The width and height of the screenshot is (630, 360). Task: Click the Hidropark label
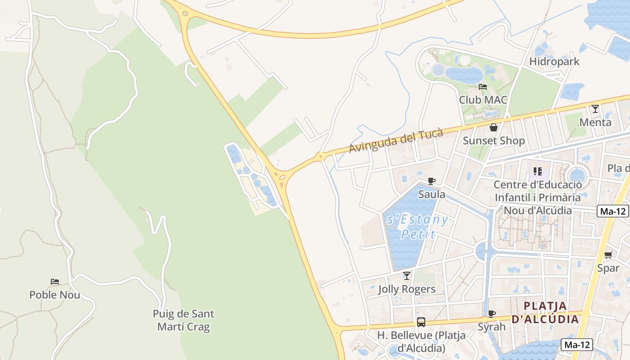(x=554, y=61)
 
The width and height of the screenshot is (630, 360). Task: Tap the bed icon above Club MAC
(x=483, y=87)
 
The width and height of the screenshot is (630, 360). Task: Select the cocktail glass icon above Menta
(x=595, y=109)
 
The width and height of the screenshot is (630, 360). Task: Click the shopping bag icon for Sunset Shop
(x=494, y=128)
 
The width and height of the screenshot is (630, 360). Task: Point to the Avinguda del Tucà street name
(x=396, y=140)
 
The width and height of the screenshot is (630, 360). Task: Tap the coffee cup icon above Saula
(x=432, y=181)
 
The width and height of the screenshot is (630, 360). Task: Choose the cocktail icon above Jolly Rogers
(x=407, y=276)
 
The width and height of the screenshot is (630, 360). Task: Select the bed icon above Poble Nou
(x=55, y=282)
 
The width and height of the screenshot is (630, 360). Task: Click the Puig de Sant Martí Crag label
(x=184, y=320)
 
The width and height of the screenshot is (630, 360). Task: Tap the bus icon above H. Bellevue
(x=421, y=322)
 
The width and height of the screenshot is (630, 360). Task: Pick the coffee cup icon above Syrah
(x=492, y=314)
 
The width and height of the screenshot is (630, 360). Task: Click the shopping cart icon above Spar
(x=608, y=255)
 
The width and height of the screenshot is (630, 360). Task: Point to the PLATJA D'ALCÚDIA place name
(x=544, y=313)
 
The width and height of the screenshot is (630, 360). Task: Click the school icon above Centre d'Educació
(x=537, y=171)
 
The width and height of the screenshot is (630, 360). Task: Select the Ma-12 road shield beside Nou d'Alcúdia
(x=613, y=211)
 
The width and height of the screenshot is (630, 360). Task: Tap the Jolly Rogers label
(x=407, y=289)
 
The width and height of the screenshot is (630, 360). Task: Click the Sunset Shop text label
(x=494, y=141)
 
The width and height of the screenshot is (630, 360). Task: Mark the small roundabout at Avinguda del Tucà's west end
(x=320, y=157)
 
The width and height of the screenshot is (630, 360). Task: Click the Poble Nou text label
(x=55, y=295)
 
